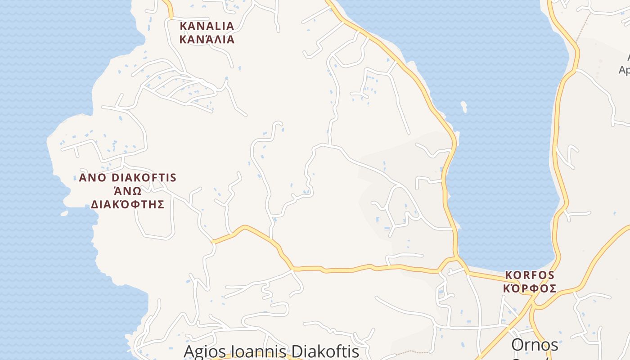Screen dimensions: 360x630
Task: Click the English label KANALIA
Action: pos(207,26)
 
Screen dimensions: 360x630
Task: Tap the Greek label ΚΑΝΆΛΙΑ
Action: pos(207,39)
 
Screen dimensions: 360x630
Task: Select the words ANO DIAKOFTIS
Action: pos(128,177)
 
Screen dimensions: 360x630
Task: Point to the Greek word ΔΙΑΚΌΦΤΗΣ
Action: pos(128,204)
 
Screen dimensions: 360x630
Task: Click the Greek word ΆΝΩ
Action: pos(127,191)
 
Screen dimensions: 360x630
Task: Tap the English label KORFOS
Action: pos(530,274)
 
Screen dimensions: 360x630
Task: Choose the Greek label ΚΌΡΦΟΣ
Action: pos(530,288)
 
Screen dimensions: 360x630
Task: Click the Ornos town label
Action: pos(535,345)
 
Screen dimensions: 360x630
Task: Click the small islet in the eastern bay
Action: pos(463,107)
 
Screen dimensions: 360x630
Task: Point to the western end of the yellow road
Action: pos(213,242)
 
